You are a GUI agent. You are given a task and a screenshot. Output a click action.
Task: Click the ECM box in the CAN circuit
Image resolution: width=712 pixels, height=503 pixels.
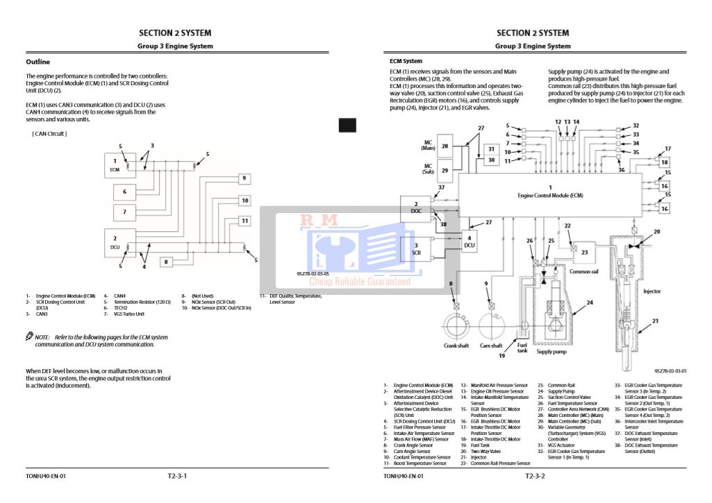tap(115, 164)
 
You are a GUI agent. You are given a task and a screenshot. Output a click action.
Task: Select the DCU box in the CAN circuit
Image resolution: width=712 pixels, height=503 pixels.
tap(115, 242)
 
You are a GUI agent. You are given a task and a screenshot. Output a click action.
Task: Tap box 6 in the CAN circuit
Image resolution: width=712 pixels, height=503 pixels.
tap(125, 191)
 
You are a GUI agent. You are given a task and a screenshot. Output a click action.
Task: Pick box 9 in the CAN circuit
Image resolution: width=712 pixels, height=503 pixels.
tap(244, 178)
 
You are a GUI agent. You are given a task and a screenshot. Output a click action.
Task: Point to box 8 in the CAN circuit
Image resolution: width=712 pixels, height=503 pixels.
tap(166, 262)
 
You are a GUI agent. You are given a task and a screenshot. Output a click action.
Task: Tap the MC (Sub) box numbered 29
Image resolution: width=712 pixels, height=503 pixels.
tap(445, 170)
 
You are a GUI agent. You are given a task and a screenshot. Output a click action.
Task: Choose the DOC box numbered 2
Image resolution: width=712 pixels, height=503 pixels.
tap(416, 207)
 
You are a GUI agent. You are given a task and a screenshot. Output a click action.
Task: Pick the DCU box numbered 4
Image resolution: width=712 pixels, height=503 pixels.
tap(470, 241)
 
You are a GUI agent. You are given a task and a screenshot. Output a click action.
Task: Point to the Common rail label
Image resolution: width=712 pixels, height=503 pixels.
tap(585, 271)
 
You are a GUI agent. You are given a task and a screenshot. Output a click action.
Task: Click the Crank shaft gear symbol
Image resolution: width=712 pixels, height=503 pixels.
tap(456, 324)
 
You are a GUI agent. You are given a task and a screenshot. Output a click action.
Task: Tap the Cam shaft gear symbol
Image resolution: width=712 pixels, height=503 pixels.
tap(492, 324)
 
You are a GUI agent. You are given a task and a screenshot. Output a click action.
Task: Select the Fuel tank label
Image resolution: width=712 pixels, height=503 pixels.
tap(522, 348)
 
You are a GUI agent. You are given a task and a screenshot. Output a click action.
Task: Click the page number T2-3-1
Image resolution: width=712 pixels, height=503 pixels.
tap(177, 476)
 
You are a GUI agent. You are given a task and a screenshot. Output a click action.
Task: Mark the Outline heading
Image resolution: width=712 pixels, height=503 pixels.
tap(38, 62)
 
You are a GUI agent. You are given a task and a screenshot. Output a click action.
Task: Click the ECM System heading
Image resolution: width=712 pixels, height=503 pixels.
tap(406, 61)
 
